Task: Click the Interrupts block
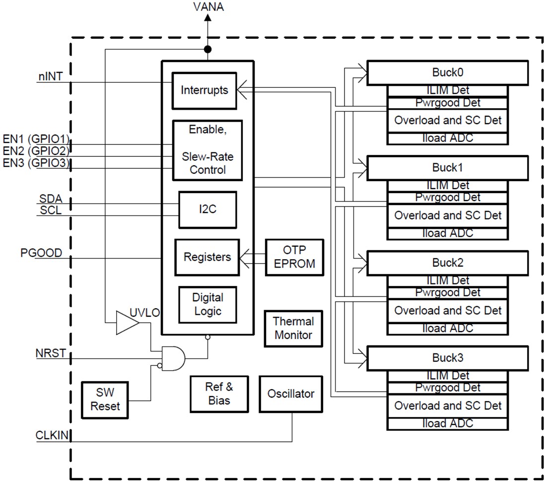point(204,90)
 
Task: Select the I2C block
point(207,209)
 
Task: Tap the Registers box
point(207,257)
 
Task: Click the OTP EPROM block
point(294,257)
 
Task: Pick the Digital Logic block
point(207,304)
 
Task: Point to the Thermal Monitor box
point(293,328)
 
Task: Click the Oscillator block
point(291,394)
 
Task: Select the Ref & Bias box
point(219,393)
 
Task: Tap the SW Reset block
point(105,399)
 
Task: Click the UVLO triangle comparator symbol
point(126,323)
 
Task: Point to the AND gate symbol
point(173,357)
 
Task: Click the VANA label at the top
point(207,7)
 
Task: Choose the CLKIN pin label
point(52,436)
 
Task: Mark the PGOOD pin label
point(41,253)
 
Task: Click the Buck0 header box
point(447,72)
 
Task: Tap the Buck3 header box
point(447,357)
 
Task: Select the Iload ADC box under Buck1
point(447,233)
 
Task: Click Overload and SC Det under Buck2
point(447,311)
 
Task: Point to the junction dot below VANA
point(208,49)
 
